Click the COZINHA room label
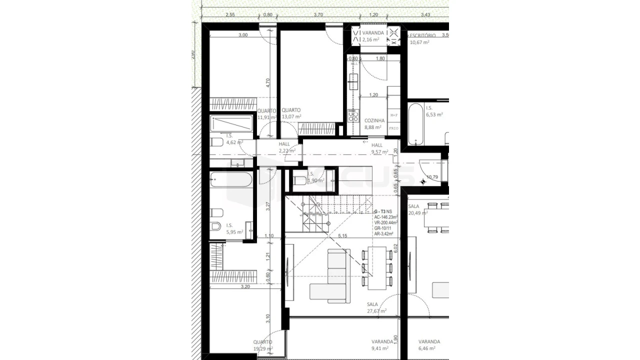click(374, 120)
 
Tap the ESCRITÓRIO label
click(422, 35)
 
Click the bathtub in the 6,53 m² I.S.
click(416, 123)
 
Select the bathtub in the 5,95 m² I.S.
click(231, 179)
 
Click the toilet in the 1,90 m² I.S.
click(300, 180)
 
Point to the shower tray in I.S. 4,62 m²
click(232, 123)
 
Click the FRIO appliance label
click(393, 128)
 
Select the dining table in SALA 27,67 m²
click(377, 268)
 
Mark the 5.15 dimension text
click(342, 235)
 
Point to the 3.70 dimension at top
click(318, 15)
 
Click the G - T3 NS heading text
click(383, 212)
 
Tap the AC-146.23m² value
click(386, 217)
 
